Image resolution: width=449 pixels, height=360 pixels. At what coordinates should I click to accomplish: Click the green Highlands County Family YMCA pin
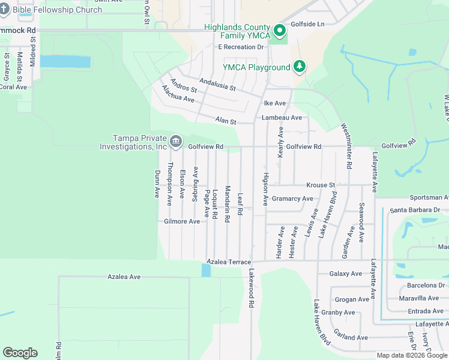point(279,30)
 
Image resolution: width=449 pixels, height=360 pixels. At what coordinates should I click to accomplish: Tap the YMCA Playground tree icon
point(300,67)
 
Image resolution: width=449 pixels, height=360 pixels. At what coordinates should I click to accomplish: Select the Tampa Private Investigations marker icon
point(175,142)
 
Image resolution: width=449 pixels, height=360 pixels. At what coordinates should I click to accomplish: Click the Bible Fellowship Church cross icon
point(5,10)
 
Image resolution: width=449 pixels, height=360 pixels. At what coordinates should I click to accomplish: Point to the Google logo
point(20,353)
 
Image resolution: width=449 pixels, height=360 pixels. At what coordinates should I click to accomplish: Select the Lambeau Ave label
point(282,118)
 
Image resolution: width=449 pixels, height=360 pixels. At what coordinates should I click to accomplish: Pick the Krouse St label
point(320,185)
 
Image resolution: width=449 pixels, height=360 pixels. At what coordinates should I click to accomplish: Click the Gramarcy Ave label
point(292,199)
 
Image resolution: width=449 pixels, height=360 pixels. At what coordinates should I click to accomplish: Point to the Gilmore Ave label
point(182,221)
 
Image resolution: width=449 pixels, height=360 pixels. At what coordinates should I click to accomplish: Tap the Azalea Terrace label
point(229,262)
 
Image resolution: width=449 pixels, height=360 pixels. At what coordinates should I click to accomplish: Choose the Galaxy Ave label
point(346,274)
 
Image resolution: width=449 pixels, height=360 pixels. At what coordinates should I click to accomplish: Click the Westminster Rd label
point(346,145)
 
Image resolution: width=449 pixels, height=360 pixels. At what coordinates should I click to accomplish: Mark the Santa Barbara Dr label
point(415,211)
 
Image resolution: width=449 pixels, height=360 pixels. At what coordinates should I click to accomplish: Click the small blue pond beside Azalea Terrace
point(206,271)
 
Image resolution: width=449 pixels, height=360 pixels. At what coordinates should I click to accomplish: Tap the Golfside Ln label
point(307,24)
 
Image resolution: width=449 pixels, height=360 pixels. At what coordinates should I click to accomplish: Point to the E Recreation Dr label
point(241,47)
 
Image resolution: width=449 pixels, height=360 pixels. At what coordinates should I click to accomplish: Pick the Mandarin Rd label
point(228,204)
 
